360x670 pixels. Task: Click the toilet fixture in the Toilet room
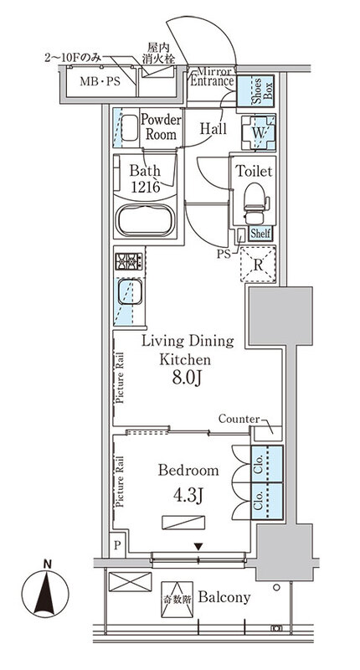(255, 202)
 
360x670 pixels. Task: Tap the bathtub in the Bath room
(146, 220)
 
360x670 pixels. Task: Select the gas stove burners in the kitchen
(128, 261)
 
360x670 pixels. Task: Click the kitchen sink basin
(130, 291)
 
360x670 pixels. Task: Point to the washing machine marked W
(259, 132)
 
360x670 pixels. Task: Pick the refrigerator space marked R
(258, 265)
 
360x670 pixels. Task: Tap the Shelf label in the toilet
(260, 234)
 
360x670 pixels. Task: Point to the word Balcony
(224, 597)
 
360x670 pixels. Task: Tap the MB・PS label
(100, 81)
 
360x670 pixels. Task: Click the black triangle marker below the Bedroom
(198, 546)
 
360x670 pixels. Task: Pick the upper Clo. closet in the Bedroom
(267, 465)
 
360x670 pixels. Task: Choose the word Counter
(239, 419)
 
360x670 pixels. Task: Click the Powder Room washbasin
(130, 127)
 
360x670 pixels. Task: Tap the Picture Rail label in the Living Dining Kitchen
(120, 378)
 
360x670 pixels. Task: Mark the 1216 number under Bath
(145, 187)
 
